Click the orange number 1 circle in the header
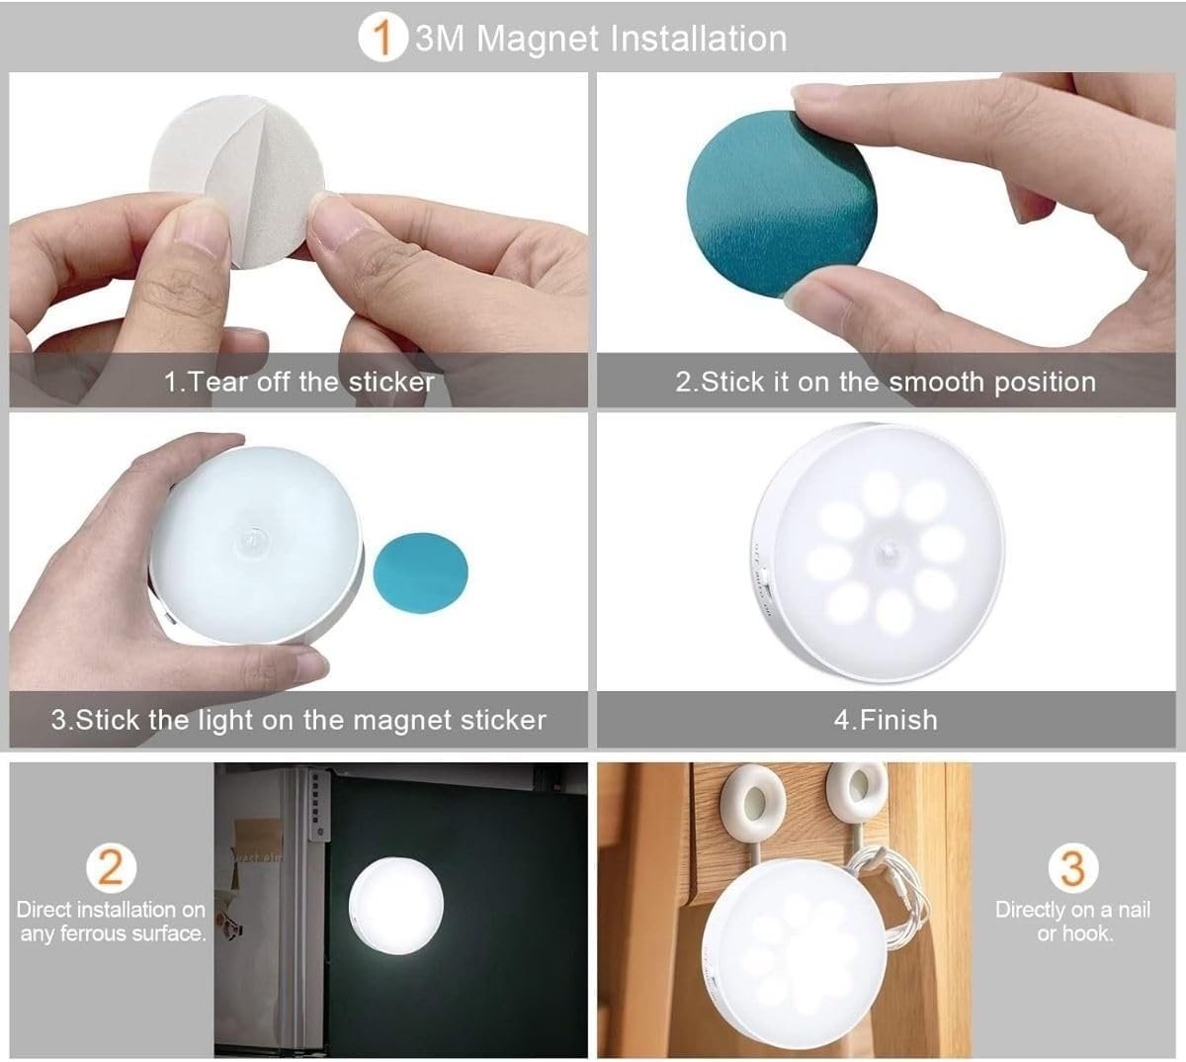pos(382,38)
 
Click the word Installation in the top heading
pos(699,39)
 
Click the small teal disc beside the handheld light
pos(420,573)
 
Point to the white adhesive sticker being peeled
pos(237,182)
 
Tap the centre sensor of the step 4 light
pos(887,551)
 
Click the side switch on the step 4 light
pos(769,597)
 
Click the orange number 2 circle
pos(112,867)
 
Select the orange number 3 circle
pos(1072,867)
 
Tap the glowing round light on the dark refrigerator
pos(395,905)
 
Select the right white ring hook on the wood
pos(857,792)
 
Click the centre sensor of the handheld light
pos(252,543)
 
